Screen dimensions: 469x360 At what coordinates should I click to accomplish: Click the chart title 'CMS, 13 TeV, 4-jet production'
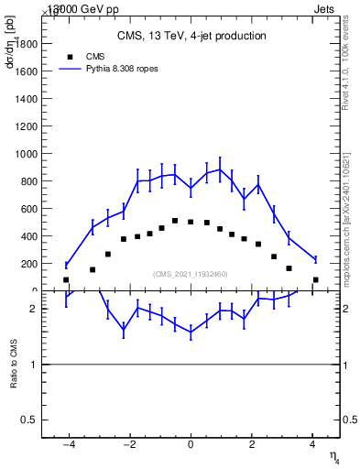[191, 37]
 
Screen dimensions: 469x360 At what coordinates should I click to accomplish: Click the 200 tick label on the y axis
[28, 264]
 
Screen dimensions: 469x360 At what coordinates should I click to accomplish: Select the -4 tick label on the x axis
[67, 445]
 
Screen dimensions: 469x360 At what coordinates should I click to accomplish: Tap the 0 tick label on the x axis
[191, 445]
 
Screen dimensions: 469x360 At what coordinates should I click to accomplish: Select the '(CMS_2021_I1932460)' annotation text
[191, 274]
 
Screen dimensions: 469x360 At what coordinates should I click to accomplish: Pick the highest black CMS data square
[175, 221]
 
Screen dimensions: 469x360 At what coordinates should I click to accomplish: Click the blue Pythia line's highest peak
[220, 169]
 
